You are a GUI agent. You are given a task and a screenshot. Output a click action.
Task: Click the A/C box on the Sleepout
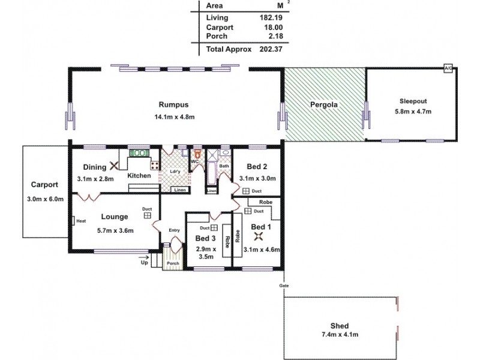pyautogui.click(x=448, y=69)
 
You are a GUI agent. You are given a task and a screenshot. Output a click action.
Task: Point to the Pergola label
pyautogui.click(x=324, y=104)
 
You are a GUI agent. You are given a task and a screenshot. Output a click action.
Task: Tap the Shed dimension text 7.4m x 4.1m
pyautogui.click(x=340, y=334)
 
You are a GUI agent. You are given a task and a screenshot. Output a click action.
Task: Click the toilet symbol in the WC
pyautogui.click(x=196, y=154)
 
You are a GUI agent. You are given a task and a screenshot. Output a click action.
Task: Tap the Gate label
pyautogui.click(x=284, y=286)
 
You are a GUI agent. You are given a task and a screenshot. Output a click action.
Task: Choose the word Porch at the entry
pyautogui.click(x=173, y=263)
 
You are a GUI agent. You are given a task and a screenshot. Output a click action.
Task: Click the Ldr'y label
pyautogui.click(x=175, y=171)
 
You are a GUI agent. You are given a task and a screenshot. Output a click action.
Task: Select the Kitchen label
pyautogui.click(x=139, y=175)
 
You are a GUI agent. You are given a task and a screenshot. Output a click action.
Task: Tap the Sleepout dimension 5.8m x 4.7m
pyautogui.click(x=413, y=112)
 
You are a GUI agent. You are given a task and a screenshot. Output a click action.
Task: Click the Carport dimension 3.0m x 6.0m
pyautogui.click(x=45, y=199)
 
